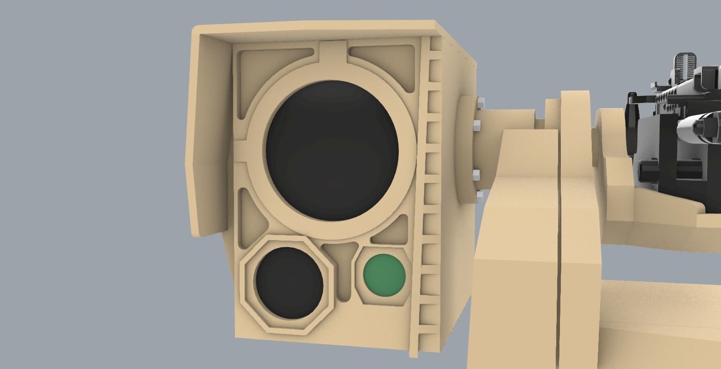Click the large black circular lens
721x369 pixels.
click(332, 150)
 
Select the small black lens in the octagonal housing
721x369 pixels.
click(289, 283)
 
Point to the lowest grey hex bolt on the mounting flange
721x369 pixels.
click(479, 197)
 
